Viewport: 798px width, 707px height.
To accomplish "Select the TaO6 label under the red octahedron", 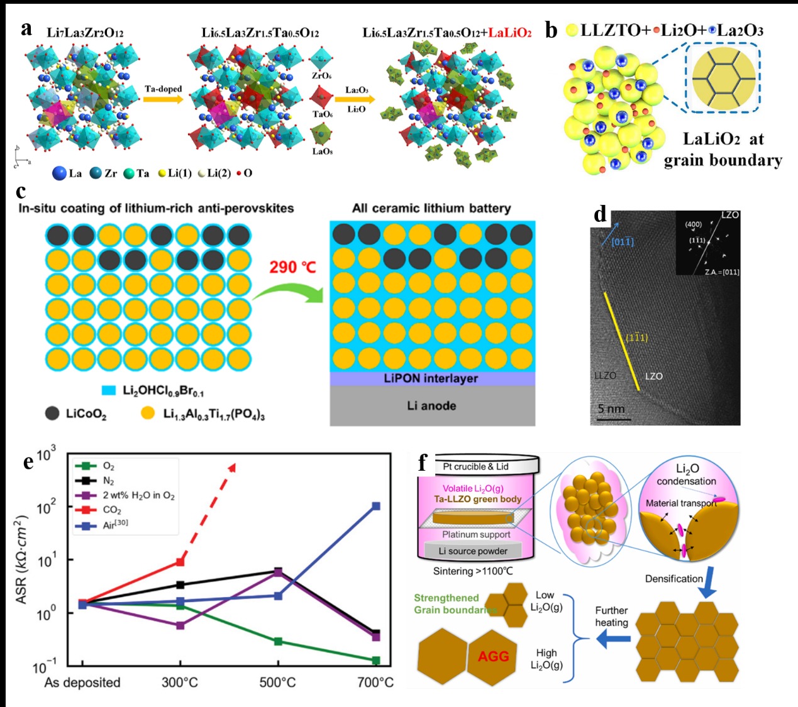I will point(322,114).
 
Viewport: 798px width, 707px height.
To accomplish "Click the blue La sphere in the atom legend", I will point(60,173).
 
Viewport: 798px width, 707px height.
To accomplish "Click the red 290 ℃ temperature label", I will point(292,267).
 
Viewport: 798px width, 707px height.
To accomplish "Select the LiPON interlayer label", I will point(431,378).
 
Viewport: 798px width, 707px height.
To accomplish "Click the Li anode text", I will point(431,405).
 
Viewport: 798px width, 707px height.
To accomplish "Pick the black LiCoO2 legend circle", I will point(52,413).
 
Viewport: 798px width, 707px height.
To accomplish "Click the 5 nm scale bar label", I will point(611,409).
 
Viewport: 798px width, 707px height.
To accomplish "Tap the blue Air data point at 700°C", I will point(375,506).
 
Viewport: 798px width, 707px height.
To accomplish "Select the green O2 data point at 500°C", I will point(278,641).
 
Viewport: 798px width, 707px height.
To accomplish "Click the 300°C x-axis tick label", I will point(180,682).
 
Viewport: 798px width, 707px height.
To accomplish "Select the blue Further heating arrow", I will point(613,640).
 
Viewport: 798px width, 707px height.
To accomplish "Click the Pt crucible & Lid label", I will point(476,466).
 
